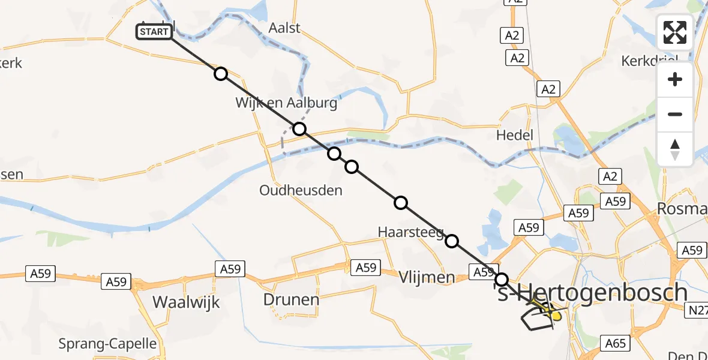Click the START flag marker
[x=154, y=32]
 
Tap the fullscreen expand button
[x=675, y=32]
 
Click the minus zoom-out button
[x=675, y=114]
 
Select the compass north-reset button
[x=675, y=149]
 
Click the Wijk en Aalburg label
[x=286, y=103]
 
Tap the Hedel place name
[x=515, y=135]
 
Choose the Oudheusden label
[x=301, y=190]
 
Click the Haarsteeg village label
[x=410, y=232]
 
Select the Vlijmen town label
[x=427, y=277]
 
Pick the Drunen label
[x=291, y=298]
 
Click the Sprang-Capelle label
[x=107, y=344]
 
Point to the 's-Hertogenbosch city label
[x=590, y=292]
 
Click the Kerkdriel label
[x=649, y=61]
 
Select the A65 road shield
[x=616, y=343]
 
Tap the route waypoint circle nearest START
[x=221, y=74]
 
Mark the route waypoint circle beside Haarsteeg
[x=452, y=241]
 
